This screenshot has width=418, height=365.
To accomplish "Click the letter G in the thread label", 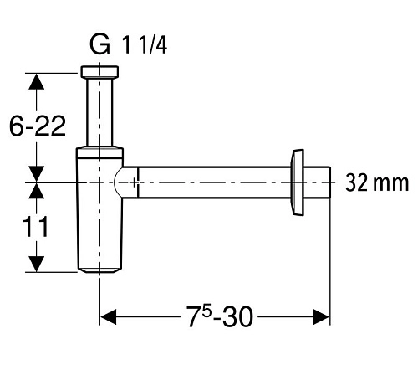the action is tap(99, 44).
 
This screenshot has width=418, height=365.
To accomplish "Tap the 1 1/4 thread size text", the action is tap(145, 45).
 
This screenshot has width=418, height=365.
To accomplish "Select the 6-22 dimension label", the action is tap(38, 126).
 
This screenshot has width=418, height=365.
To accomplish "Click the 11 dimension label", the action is tap(35, 227).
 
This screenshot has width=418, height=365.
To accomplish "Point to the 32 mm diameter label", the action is tap(377, 183).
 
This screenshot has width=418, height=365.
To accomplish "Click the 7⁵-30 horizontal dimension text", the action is tap(220, 316).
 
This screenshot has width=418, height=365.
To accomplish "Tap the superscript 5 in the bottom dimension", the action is tap(206, 312).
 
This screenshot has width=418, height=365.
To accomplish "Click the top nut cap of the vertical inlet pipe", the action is tap(99, 72).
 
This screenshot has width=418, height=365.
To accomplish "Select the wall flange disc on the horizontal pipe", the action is tap(298, 182).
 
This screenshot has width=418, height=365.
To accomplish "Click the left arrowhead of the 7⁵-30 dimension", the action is tap(108, 316).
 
